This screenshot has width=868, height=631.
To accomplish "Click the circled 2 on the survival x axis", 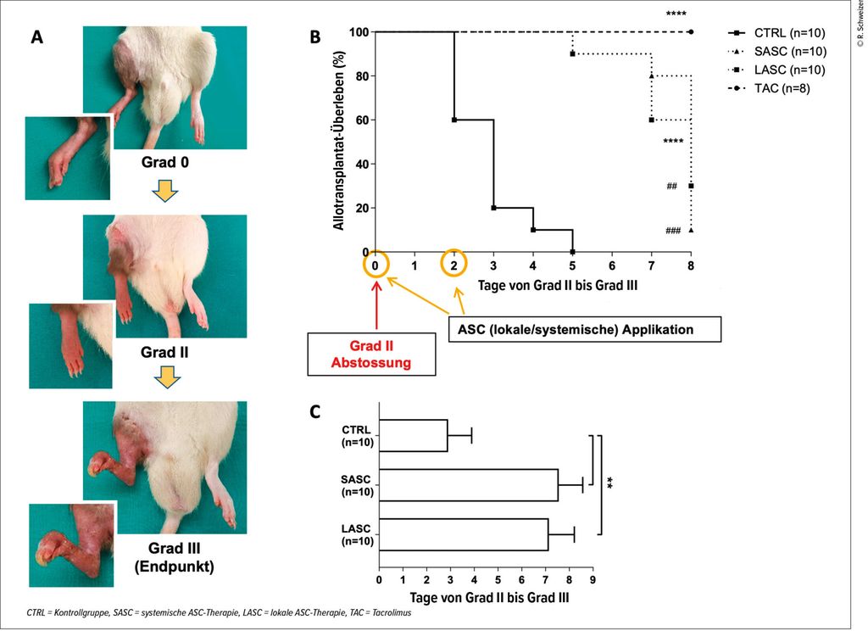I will point(454,265).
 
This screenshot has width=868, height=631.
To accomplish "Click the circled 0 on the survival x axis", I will point(376,265).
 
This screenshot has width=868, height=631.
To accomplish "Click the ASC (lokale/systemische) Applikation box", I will point(584,328).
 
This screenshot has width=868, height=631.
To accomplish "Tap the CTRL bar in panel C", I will point(413,435).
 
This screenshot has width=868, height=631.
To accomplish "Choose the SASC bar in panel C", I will point(468,485).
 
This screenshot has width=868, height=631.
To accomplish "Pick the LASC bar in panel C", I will point(463,534).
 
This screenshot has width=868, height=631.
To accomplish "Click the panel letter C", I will point(315,412).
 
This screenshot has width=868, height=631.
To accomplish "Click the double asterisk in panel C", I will point(609,483).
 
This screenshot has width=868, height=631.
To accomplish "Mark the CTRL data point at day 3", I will point(493,208).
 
